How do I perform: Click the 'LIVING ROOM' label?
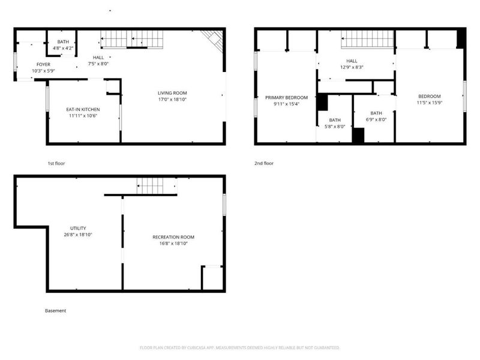coord(172,93)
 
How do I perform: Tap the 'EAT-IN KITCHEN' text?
coord(83,109)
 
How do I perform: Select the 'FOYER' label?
coord(43,64)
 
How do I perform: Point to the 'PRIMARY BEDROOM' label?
coord(286,97)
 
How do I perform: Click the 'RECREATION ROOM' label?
coord(173,237)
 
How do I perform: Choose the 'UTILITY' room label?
coord(78,228)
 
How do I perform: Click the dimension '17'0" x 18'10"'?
coord(172,100)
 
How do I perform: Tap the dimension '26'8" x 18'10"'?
coord(78,235)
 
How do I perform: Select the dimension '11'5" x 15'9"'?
coord(429,103)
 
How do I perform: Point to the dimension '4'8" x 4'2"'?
coord(63,48)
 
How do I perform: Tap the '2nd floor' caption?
coord(264,163)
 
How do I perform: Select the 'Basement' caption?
coord(55,311)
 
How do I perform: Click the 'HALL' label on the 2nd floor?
coord(352,61)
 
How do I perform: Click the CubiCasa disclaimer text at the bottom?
coord(239,347)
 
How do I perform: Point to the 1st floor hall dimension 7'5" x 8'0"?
coord(98,63)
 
